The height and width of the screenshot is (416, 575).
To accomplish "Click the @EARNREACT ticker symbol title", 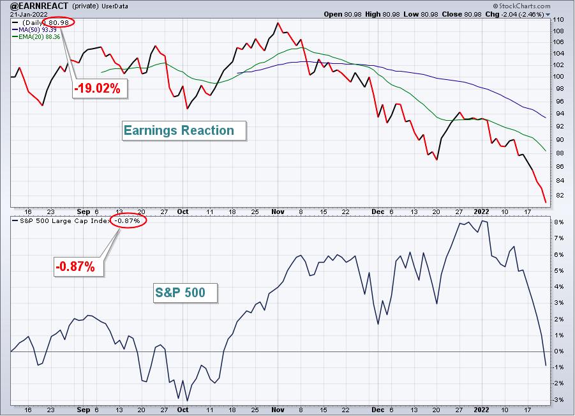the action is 39,6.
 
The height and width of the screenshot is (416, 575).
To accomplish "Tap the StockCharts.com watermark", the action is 521,6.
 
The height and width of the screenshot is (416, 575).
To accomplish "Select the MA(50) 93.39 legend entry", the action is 34,30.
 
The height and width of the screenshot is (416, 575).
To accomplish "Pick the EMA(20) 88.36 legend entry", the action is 36,36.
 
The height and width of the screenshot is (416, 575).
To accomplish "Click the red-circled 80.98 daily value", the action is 59,22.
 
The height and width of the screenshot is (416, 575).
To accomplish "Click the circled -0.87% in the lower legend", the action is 128,220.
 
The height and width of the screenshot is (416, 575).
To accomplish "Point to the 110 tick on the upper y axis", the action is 558,19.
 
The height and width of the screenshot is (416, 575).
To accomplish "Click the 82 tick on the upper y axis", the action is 559,196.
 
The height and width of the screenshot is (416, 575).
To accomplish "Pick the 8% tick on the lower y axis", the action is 559,222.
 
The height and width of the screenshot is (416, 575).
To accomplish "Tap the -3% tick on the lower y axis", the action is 558,399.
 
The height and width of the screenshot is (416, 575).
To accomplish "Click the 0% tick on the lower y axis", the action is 559,351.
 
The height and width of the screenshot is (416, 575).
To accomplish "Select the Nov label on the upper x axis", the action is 278,212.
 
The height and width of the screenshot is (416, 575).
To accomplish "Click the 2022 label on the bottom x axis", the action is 481,410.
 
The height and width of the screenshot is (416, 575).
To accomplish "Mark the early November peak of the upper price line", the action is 278,23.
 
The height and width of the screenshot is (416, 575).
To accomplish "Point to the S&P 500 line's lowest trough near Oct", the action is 188,401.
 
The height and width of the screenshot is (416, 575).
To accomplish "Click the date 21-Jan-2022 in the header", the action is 29,15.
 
